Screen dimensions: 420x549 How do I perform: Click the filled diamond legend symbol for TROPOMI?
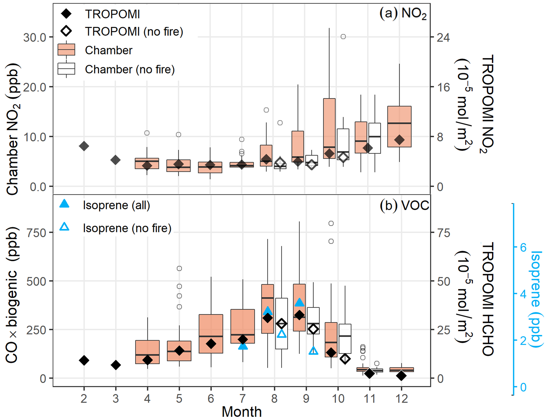point(66,14)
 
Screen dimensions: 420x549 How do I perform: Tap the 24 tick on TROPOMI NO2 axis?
point(443,38)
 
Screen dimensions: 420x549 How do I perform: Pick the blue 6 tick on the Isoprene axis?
point(523,247)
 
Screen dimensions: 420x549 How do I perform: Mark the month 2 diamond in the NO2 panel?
point(84,146)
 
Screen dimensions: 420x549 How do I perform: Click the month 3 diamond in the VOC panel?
point(115,365)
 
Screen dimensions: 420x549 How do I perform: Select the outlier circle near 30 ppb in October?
point(343,37)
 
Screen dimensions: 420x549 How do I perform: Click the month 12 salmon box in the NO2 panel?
point(399,127)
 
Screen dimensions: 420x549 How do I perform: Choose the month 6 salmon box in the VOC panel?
point(211,334)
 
